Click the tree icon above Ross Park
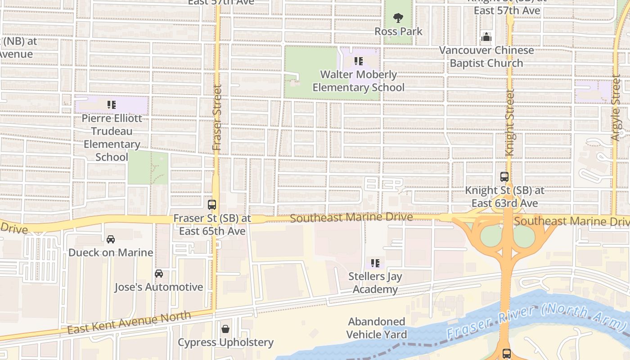[x=398, y=18]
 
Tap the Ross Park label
[x=399, y=31]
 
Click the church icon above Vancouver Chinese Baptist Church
[x=486, y=37]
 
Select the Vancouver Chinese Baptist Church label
[x=486, y=57]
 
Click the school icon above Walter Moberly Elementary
[x=358, y=61]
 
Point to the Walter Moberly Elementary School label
[x=359, y=81]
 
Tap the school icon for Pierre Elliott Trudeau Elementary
[x=111, y=105]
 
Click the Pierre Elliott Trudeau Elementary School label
[x=112, y=138]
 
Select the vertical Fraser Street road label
[x=217, y=117]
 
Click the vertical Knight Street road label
[x=509, y=122]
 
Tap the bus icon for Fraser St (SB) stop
[x=212, y=205]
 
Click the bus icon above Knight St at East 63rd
[x=504, y=177]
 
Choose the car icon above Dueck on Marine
[x=111, y=239]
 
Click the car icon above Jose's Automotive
[x=159, y=274]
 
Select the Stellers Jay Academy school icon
[x=375, y=263]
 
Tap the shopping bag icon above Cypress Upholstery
[x=225, y=329]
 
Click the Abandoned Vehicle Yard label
[x=377, y=328]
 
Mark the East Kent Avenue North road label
[x=129, y=323]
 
